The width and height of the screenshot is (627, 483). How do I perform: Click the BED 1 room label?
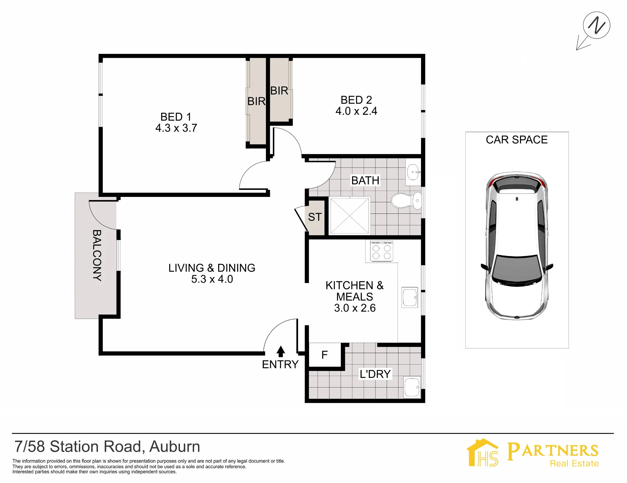(x=176, y=117)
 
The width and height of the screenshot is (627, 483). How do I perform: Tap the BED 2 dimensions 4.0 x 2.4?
(x=356, y=111)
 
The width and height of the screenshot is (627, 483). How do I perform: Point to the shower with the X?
(x=350, y=216)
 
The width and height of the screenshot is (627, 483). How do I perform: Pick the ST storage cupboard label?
(x=315, y=217)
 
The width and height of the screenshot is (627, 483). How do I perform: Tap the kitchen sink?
(x=410, y=297)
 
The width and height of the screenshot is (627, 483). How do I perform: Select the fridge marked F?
(x=325, y=355)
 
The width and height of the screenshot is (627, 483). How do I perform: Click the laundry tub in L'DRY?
(x=412, y=388)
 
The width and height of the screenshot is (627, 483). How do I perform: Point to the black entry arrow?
(x=281, y=351)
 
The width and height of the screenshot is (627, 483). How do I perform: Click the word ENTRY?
(x=280, y=365)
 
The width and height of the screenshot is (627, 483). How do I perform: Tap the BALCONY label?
(x=97, y=255)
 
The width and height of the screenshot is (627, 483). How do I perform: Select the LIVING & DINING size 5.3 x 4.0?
(x=212, y=279)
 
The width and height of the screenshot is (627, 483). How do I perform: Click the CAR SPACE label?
(x=517, y=140)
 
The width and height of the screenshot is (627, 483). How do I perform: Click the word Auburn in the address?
(x=175, y=447)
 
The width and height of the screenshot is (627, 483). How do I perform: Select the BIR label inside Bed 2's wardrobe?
(x=279, y=91)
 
